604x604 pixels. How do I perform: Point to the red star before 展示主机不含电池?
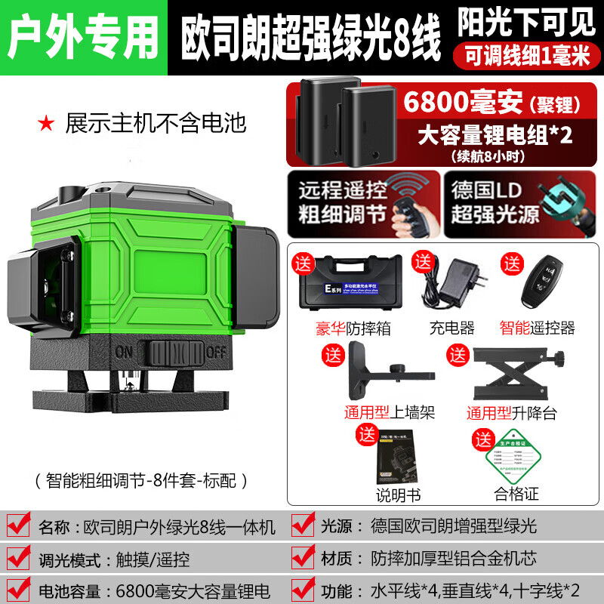48,120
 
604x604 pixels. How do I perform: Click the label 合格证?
516,495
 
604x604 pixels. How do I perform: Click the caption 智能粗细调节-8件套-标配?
141,479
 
